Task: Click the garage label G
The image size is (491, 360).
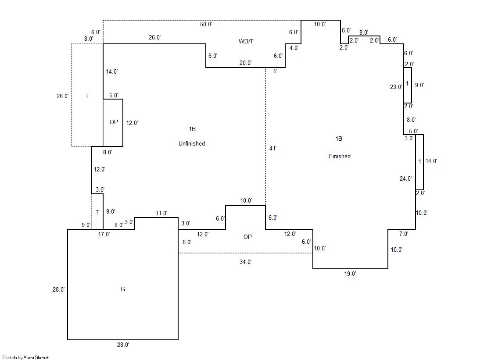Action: click(123, 289)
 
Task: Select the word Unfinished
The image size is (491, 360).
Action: click(192, 143)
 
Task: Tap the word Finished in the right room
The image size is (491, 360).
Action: click(340, 156)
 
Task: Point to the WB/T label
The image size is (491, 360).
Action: click(246, 41)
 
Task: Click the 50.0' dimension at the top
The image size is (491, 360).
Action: click(206, 25)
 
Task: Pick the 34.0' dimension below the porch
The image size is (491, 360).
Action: click(246, 262)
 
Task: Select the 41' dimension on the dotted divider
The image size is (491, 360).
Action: click(272, 149)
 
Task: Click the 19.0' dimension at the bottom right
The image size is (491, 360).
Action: click(350, 274)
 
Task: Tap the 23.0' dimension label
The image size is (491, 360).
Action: click(396, 87)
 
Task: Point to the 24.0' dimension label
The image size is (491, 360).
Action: click(406, 178)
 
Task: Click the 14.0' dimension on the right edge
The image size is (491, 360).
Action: click(431, 161)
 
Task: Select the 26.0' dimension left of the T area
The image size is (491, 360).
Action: click(63, 96)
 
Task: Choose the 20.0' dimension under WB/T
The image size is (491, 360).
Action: click(245, 63)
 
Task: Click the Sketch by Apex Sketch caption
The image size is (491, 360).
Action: click(26, 357)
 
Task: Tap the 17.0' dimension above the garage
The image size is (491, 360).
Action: click(104, 234)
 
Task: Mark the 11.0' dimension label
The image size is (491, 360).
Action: click(161, 214)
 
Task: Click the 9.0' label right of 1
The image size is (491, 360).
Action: click(419, 85)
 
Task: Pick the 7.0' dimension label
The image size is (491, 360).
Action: click(403, 234)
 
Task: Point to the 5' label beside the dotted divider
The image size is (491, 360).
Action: click(275, 71)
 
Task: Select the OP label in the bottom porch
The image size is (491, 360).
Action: click(247, 237)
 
